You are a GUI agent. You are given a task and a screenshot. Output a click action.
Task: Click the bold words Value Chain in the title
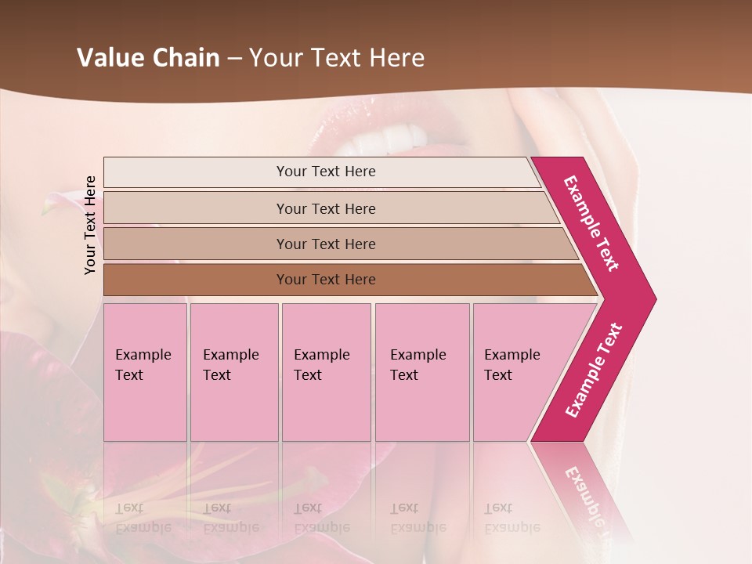(148, 58)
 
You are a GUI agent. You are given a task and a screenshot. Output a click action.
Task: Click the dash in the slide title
(234, 58)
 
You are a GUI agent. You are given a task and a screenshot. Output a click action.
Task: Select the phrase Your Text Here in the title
(336, 58)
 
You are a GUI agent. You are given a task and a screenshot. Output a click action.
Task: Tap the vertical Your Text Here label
(90, 225)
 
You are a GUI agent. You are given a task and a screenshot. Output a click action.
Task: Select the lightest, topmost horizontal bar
(321, 172)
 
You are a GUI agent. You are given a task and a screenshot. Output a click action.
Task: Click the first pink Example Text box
(145, 372)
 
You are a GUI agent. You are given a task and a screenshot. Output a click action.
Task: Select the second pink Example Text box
(233, 372)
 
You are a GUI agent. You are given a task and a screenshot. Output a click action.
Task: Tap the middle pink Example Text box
(326, 372)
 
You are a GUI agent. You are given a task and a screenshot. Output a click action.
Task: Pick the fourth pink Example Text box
(421, 372)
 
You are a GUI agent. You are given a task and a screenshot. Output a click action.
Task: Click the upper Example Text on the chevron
(591, 223)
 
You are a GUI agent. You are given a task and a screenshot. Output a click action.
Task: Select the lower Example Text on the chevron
(593, 371)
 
